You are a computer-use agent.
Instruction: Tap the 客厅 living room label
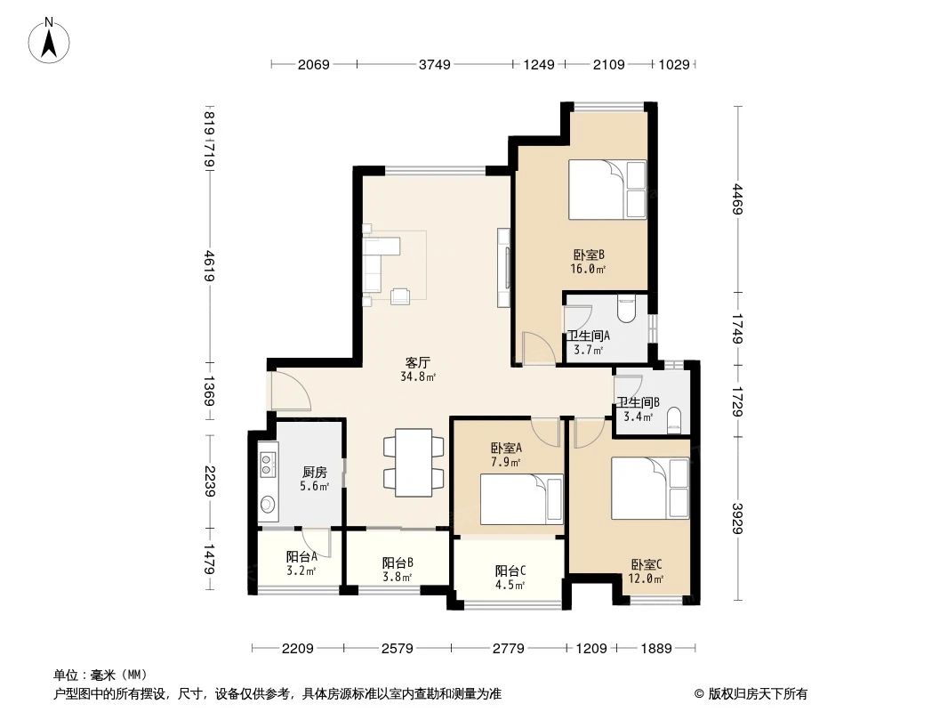pyautogui.click(x=418, y=363)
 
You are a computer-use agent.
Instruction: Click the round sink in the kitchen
pyautogui.click(x=267, y=506)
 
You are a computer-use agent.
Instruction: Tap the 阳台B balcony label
pyautogui.click(x=397, y=562)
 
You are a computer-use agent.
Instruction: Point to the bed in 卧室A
pyautogui.click(x=521, y=499)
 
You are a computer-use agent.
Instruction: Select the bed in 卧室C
pyautogui.click(x=649, y=489)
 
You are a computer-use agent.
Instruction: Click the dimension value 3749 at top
pyautogui.click(x=436, y=64)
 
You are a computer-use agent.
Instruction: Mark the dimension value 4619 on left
pyautogui.click(x=210, y=265)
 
